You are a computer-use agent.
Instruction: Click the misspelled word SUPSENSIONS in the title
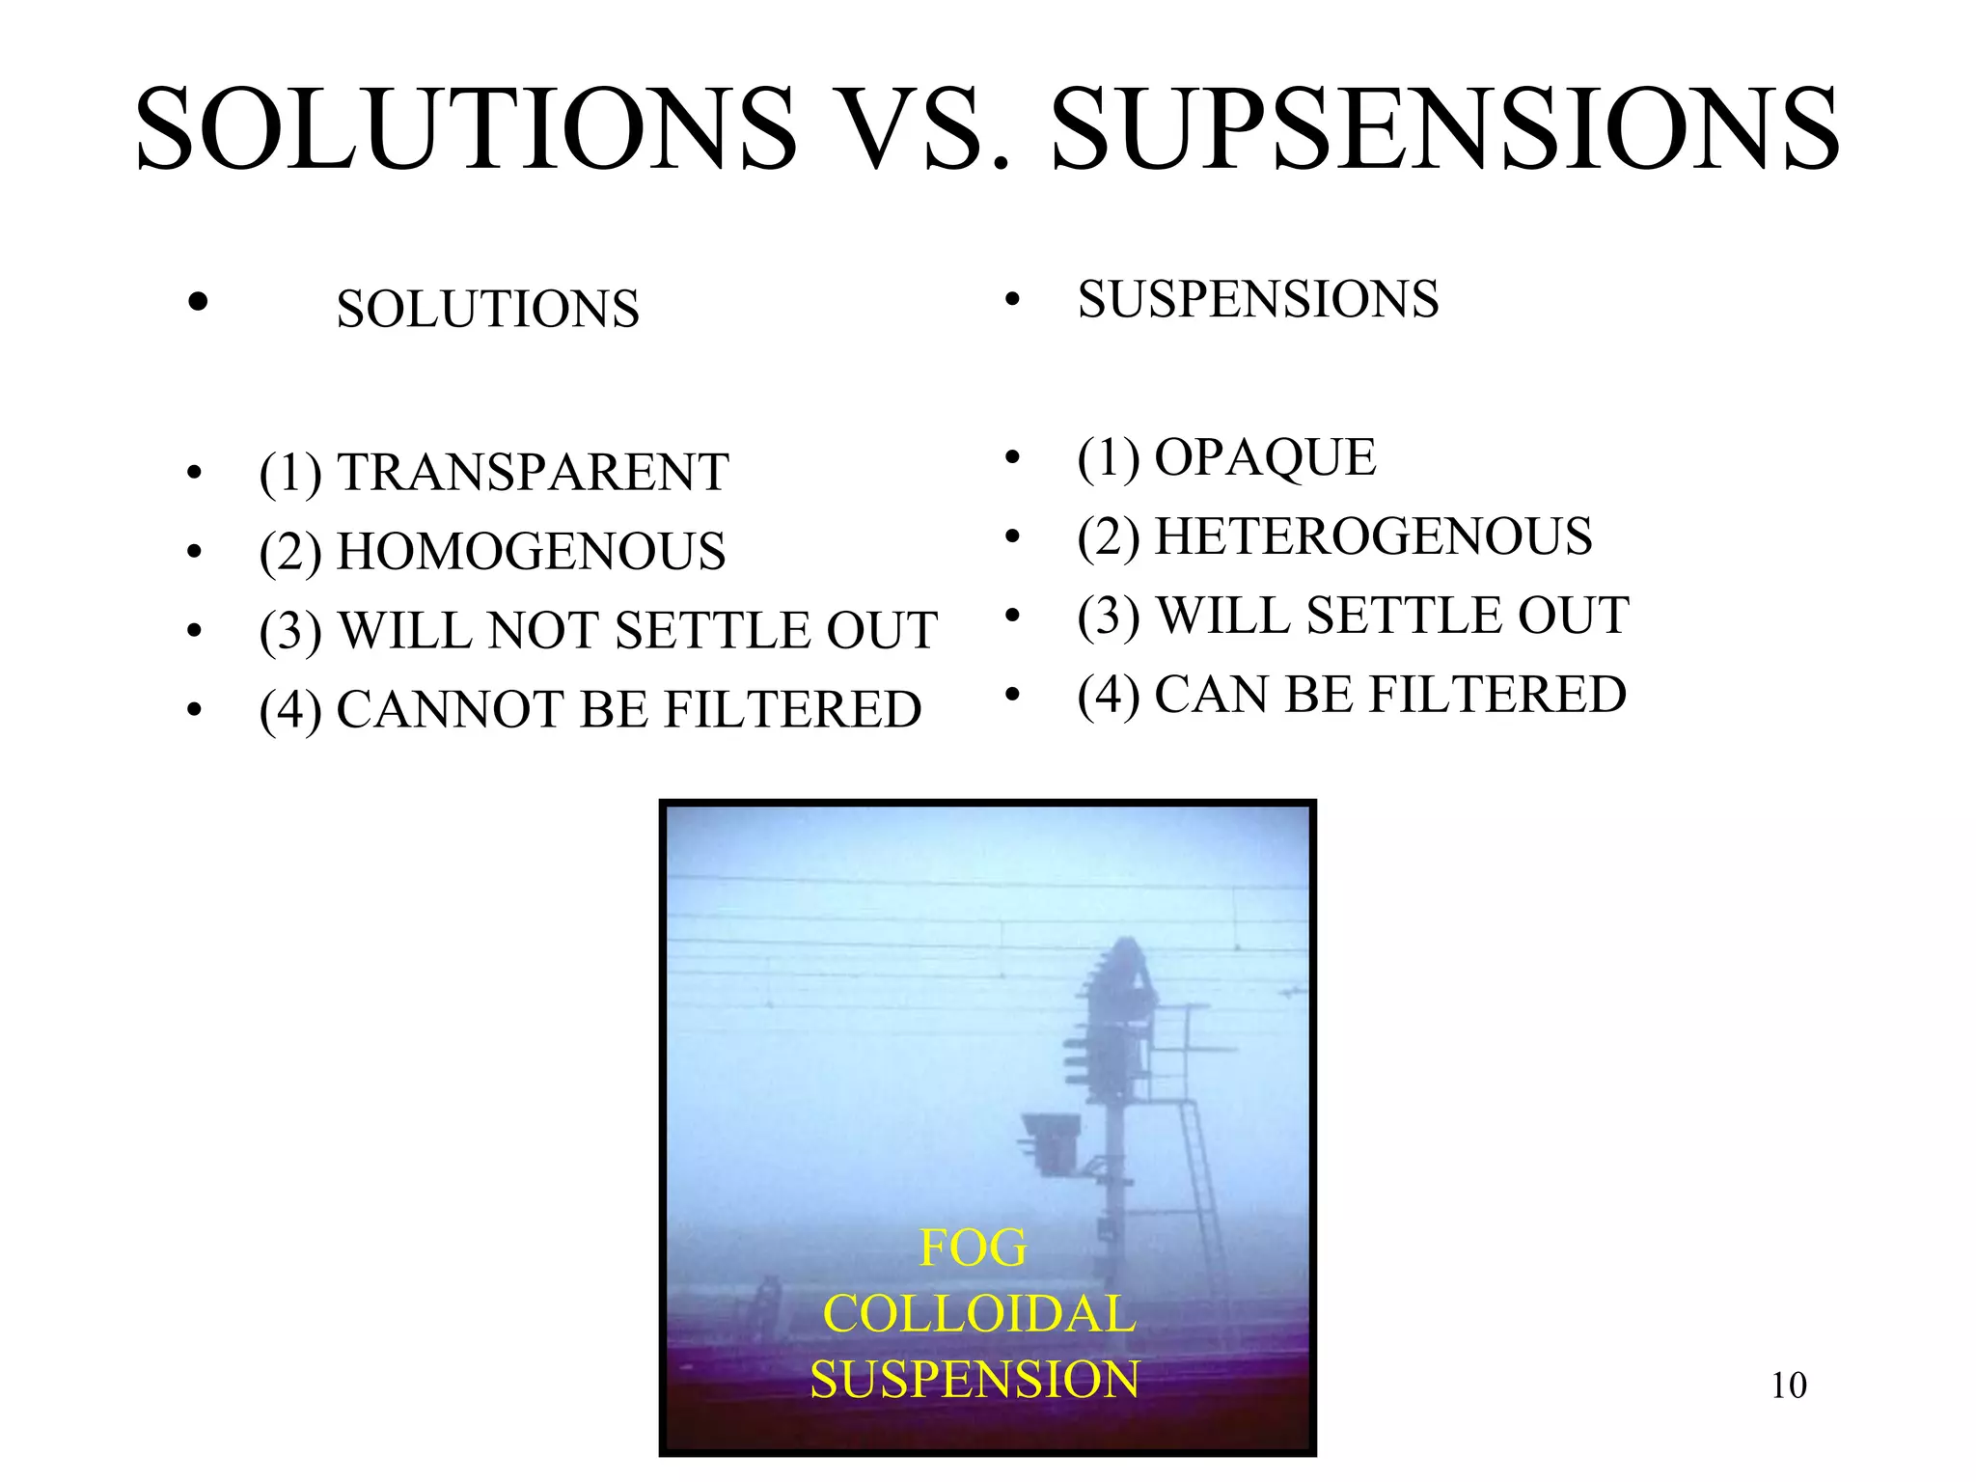1445,130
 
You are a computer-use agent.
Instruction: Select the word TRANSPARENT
533,473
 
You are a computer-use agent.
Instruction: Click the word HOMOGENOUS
531,552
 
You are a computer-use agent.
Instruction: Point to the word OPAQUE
1265,457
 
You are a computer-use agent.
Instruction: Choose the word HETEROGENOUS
1373,536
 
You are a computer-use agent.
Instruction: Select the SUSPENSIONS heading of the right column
1258,299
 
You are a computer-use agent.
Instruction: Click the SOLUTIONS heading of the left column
487,310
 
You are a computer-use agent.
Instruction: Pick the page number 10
1788,1386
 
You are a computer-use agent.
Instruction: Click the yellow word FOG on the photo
973,1249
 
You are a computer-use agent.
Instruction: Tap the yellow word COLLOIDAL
978,1314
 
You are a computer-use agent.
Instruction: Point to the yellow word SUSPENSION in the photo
974,1380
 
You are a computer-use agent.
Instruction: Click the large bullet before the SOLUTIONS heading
198,302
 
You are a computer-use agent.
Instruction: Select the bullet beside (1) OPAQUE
1012,457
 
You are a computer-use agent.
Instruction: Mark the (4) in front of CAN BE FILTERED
1109,696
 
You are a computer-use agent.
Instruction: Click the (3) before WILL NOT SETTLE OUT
290,632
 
